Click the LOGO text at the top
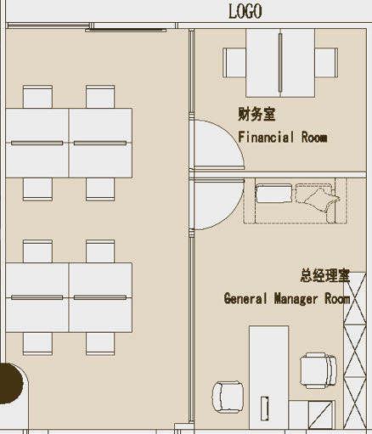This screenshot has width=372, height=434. click(x=245, y=11)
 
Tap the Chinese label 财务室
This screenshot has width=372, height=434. click(x=256, y=114)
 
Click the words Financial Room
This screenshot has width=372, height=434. click(x=282, y=137)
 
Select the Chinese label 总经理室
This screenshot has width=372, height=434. click(x=324, y=276)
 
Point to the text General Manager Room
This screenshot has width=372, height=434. click(x=286, y=298)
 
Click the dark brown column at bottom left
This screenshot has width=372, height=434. click(x=9, y=383)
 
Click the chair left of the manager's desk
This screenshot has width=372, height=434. click(x=227, y=394)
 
